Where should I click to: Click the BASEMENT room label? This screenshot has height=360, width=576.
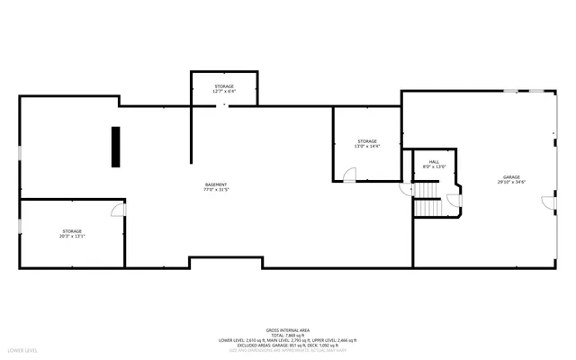click(x=215, y=184)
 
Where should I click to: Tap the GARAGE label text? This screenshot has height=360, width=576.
click(x=511, y=177)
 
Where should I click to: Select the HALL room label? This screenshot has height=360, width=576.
click(x=434, y=162)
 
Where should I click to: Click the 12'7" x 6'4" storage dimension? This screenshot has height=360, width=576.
click(x=224, y=92)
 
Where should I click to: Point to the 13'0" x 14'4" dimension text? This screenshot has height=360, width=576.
click(x=366, y=147)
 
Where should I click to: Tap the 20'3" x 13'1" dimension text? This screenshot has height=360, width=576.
click(x=72, y=237)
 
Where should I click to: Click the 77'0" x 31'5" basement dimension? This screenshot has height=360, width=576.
click(x=215, y=190)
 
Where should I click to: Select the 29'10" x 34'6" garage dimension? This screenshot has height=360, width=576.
click(x=511, y=183)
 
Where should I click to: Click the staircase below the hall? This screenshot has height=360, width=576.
click(x=429, y=206)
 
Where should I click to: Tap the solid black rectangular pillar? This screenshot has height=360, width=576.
click(x=116, y=147)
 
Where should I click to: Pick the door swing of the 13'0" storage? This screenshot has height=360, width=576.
click(x=350, y=175)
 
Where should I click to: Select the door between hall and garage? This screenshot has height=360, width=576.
click(x=454, y=200)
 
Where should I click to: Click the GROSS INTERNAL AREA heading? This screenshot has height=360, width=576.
click(x=288, y=330)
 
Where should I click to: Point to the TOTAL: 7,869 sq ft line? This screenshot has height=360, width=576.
click(x=288, y=335)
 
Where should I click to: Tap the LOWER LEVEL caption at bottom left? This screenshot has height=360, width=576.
click(x=22, y=349)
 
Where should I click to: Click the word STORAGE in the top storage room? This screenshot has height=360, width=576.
click(x=224, y=86)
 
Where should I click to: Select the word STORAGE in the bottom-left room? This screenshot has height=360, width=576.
click(x=72, y=231)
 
